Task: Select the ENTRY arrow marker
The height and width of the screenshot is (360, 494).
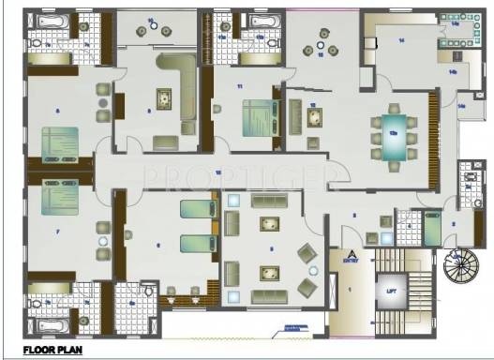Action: pos(351,254)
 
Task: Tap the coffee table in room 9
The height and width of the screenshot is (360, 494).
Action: pos(165,97)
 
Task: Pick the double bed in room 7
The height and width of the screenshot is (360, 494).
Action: pos(57,203)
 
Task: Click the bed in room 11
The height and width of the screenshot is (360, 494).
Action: pos(256,115)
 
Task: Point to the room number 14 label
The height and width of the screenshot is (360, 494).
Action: pos(400,40)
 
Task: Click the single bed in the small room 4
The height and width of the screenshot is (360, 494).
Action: pos(432,228)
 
